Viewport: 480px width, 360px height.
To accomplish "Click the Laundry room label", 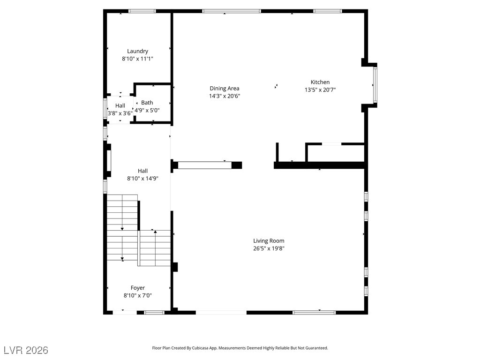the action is coord(137,51).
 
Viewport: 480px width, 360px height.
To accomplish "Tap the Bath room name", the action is coord(147,103).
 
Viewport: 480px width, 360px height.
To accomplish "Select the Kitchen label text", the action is coord(320,82).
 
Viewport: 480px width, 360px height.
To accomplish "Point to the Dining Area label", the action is coord(225,89).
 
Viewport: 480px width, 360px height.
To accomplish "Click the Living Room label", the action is coord(269,241).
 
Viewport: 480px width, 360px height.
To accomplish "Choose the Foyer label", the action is coord(137,288).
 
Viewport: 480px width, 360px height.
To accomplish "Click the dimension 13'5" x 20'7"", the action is coord(320,90).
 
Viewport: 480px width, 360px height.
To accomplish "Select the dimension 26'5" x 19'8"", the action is coord(269,248).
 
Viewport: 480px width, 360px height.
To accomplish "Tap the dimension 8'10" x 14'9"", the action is coord(142,179).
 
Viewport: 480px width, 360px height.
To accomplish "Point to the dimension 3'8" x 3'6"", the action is coord(120,113).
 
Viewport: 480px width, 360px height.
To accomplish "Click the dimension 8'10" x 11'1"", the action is coord(137,59).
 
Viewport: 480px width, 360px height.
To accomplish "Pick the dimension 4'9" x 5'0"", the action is coord(147,110).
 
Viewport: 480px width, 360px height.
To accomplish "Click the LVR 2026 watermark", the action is coord(26,350).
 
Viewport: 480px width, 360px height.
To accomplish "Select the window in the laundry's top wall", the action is coord(142,11).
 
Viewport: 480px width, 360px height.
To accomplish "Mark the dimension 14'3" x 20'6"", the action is coord(225,96).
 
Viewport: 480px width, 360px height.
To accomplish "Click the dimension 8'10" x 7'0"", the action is coord(137,295).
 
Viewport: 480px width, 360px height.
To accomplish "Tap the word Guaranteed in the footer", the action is coord(317,348).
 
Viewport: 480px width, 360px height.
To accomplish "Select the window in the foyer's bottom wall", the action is coord(154,313).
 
